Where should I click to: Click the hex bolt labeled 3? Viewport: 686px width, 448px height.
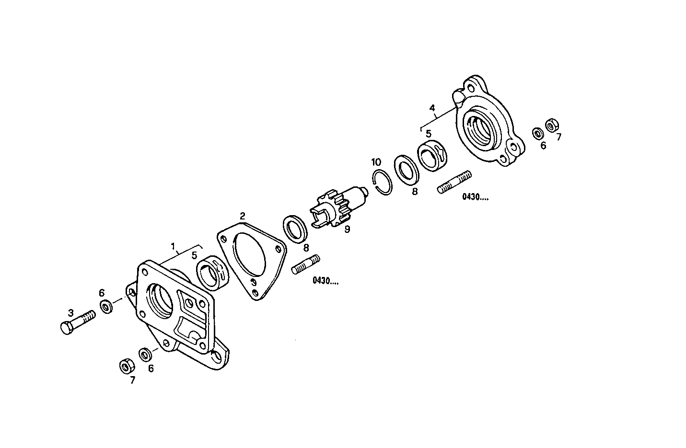pyautogui.click(x=77, y=323)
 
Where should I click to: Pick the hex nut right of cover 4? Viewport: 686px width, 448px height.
pyautogui.click(x=551, y=125)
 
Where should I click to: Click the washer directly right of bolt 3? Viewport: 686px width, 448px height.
pyautogui.click(x=106, y=306)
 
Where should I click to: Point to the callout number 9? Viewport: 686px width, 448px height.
pyautogui.click(x=348, y=230)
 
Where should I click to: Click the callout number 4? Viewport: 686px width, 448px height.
pyautogui.click(x=432, y=108)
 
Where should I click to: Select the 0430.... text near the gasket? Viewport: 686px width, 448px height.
pyautogui.click(x=325, y=281)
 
